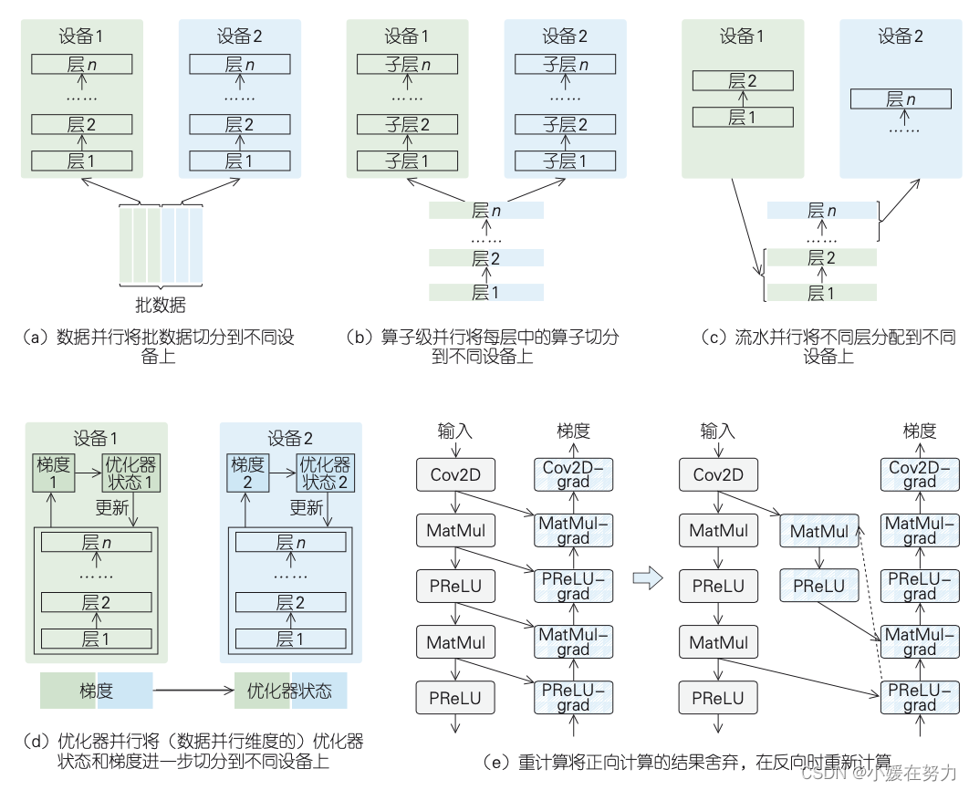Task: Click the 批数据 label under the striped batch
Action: pyautogui.click(x=161, y=305)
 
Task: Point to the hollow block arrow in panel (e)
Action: pyautogui.click(x=646, y=578)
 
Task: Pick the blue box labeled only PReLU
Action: pyautogui.click(x=818, y=586)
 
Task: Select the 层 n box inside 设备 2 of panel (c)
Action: pyautogui.click(x=901, y=99)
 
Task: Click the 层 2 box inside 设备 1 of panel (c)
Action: pyautogui.click(x=743, y=80)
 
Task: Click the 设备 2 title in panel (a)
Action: pyautogui.click(x=239, y=36)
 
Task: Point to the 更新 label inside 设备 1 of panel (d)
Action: pyautogui.click(x=112, y=507)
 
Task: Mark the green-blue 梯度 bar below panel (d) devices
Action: pyautogui.click(x=96, y=691)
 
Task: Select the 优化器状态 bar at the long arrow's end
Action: pyautogui.click(x=290, y=691)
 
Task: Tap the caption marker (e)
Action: pyautogui.click(x=499, y=761)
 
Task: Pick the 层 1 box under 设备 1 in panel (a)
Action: pyautogui.click(x=81, y=161)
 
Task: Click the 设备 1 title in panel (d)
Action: pyautogui.click(x=96, y=438)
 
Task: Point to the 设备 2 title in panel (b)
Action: pyautogui.click(x=565, y=36)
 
